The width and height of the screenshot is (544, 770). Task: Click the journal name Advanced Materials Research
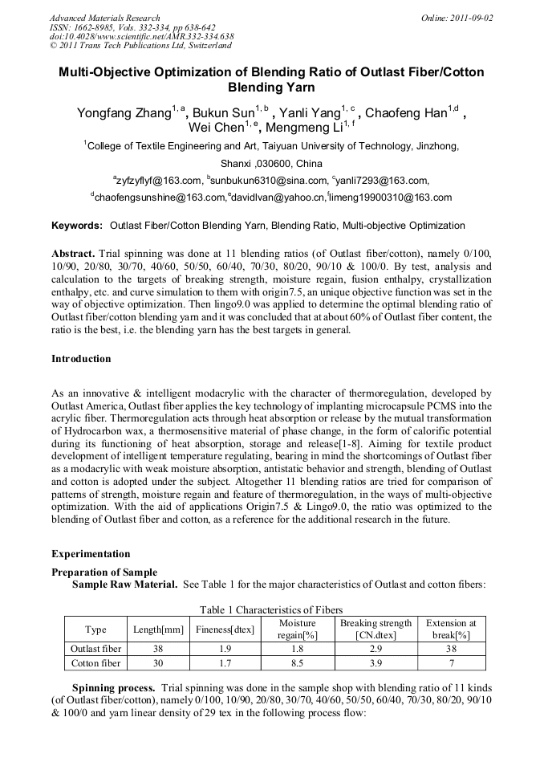(x=105, y=18)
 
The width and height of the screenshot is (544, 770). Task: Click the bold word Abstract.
(x=73, y=253)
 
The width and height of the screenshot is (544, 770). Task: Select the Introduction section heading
(x=81, y=358)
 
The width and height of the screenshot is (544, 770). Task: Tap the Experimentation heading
(x=91, y=554)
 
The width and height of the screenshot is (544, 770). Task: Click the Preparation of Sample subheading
(x=104, y=572)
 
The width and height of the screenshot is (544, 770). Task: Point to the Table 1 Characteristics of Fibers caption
(x=272, y=610)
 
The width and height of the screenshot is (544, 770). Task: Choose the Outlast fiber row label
(x=95, y=649)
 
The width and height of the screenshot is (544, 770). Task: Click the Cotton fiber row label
(x=95, y=663)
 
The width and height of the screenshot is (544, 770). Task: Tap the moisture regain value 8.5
(x=297, y=663)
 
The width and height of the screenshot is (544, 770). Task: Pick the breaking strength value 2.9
(x=376, y=649)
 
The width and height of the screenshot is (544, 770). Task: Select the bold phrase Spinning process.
(x=114, y=689)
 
